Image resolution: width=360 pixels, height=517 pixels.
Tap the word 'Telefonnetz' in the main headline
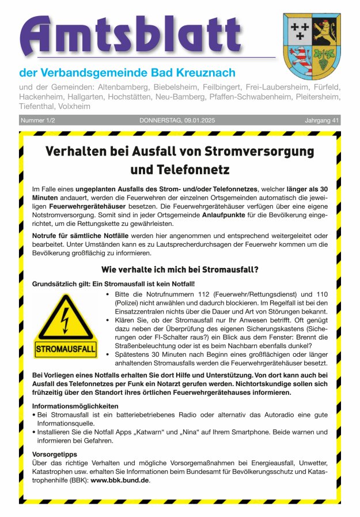tap(180, 170)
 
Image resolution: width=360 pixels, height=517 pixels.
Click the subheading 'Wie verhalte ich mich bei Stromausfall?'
tap(179, 269)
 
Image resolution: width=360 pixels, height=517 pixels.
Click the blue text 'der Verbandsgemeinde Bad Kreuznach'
tap(127, 73)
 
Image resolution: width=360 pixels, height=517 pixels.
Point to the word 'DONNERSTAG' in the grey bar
tap(160, 120)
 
